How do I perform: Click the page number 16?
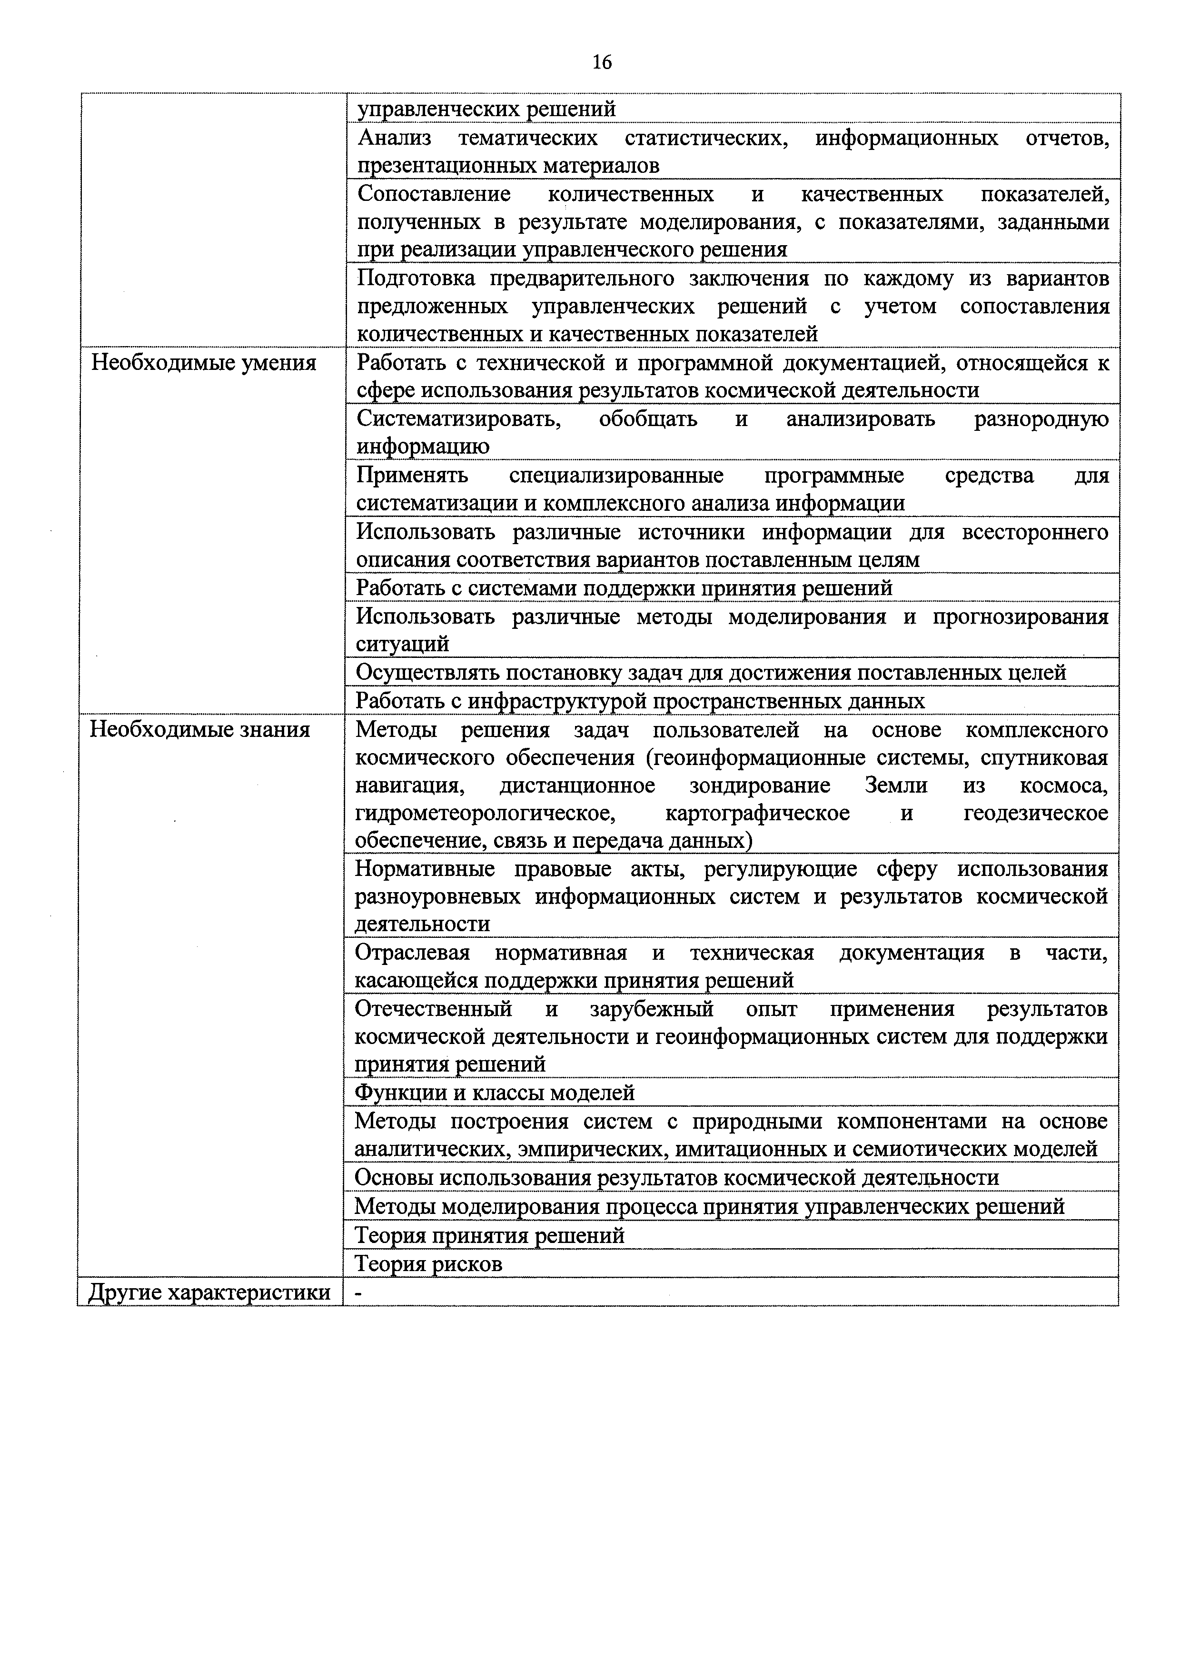click(x=602, y=62)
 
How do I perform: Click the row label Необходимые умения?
click(x=204, y=362)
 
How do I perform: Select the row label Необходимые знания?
click(x=199, y=729)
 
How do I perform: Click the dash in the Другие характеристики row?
click(x=357, y=1293)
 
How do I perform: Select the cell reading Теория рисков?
click(x=428, y=1264)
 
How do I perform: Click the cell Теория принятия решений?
click(x=489, y=1235)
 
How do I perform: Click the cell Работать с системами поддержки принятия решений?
click(x=624, y=588)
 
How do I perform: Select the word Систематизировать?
click(x=458, y=419)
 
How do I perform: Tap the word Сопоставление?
click(x=434, y=194)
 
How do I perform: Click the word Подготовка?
click(x=416, y=278)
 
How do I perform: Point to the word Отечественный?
click(x=433, y=1009)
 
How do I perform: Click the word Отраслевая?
click(x=412, y=953)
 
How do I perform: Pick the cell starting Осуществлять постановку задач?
click(x=710, y=673)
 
